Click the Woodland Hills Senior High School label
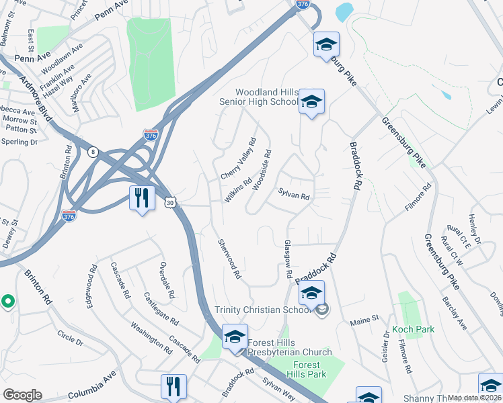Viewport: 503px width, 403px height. [x=266, y=97]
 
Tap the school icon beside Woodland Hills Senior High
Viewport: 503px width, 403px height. [x=311, y=102]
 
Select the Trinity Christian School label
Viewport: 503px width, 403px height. [x=263, y=310]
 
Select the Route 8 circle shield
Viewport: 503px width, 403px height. [x=92, y=152]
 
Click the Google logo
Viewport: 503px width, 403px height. [x=22, y=394]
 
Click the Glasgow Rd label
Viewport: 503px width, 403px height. [x=288, y=259]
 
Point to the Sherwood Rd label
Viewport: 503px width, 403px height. [x=229, y=258]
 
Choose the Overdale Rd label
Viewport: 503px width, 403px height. [x=166, y=279]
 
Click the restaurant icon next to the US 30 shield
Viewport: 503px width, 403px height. [x=142, y=198]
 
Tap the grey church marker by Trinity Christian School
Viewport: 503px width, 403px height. [x=321, y=310]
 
